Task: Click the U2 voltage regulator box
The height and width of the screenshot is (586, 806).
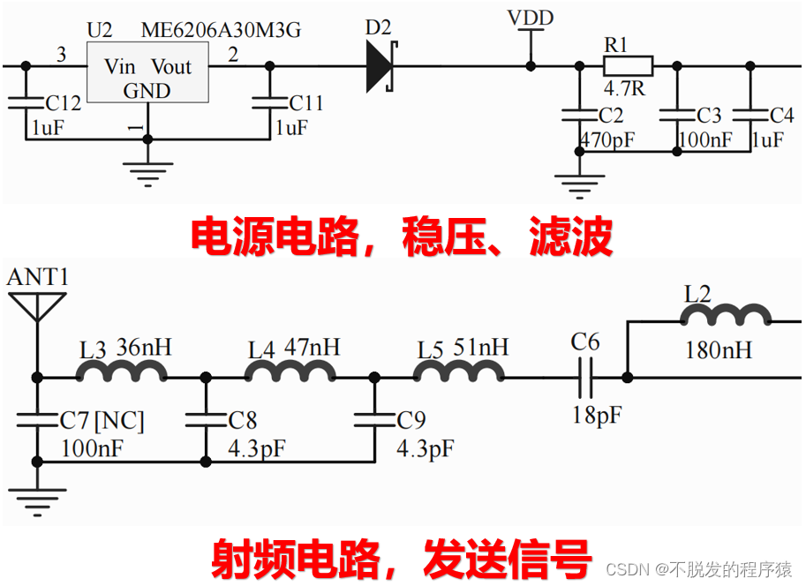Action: (148, 79)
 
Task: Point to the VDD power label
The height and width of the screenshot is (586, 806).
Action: (531, 19)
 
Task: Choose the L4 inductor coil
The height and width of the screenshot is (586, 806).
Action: (290, 374)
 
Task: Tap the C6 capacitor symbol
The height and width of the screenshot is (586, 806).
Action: (585, 378)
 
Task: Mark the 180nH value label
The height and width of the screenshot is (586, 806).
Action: (719, 351)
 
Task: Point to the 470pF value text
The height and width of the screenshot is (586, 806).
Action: (607, 139)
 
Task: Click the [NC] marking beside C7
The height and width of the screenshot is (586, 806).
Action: (119, 420)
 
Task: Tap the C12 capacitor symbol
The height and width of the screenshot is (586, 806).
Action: (26, 102)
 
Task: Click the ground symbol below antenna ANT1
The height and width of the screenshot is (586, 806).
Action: (36, 501)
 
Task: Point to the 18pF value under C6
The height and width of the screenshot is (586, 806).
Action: (597, 414)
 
